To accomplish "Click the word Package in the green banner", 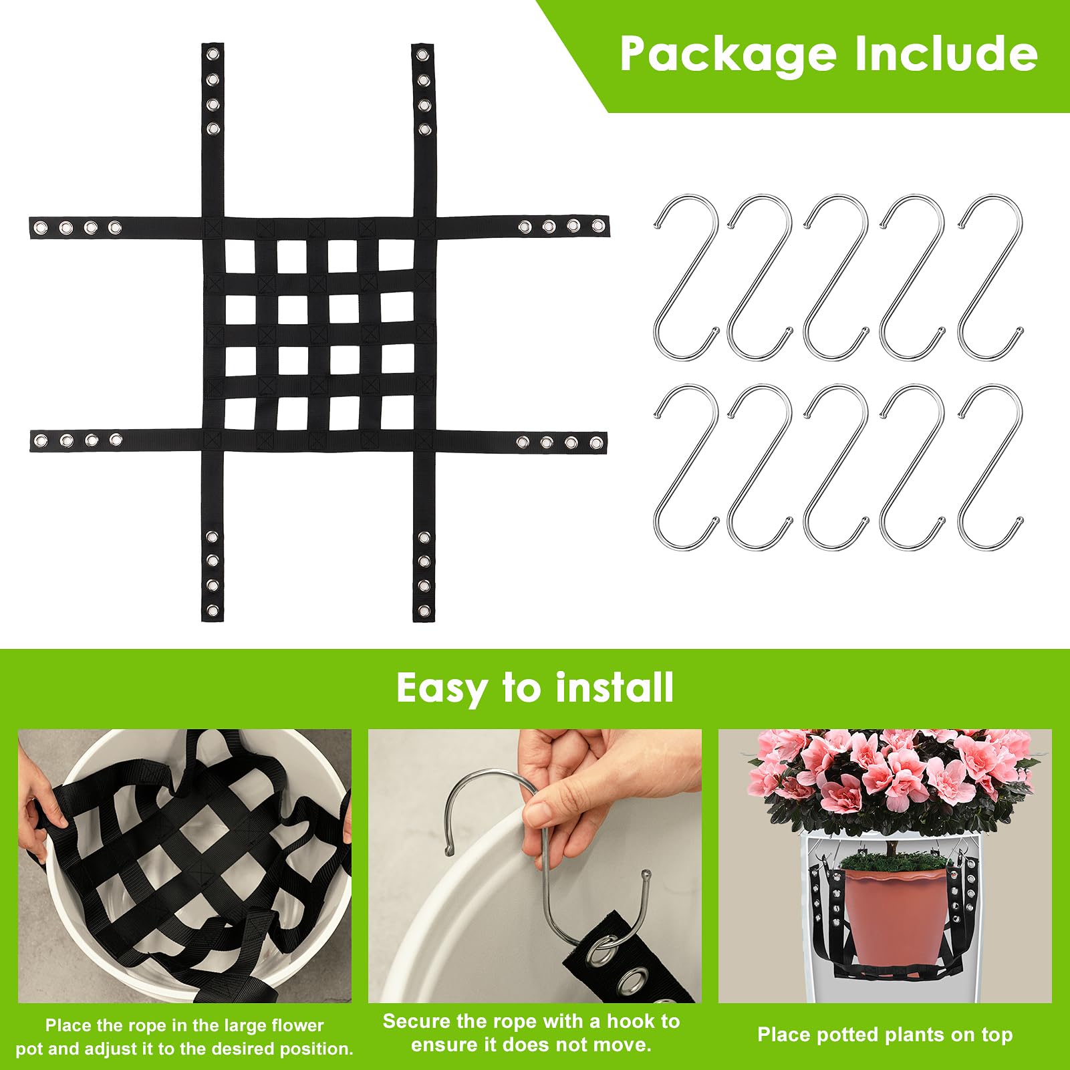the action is [x=728, y=55].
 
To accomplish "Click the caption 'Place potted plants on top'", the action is [x=885, y=1035].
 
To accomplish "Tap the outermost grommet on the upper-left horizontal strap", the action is [x=41, y=228].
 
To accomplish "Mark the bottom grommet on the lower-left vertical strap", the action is [x=213, y=610].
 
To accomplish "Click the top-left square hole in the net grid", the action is [x=240, y=255].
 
